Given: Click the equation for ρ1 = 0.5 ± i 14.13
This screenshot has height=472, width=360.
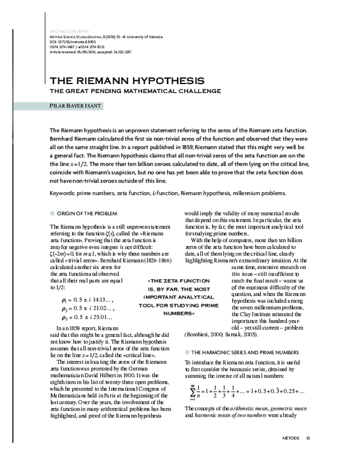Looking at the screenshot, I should [87, 299].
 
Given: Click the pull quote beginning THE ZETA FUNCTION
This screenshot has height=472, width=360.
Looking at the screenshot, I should [181, 297].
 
